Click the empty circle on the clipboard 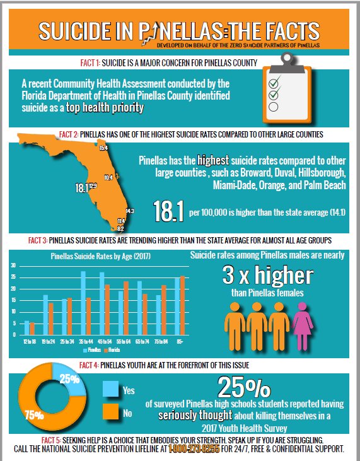click(x=274, y=107)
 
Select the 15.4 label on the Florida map click(x=104, y=148)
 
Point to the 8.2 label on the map click(x=120, y=228)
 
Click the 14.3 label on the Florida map click(x=129, y=211)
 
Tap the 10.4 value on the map click(x=108, y=178)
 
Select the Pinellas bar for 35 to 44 click(x=83, y=303)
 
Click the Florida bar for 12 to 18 click(x=32, y=329)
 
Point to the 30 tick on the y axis click(x=13, y=266)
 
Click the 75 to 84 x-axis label click(x=161, y=341)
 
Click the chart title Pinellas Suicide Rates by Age click(x=100, y=256)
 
